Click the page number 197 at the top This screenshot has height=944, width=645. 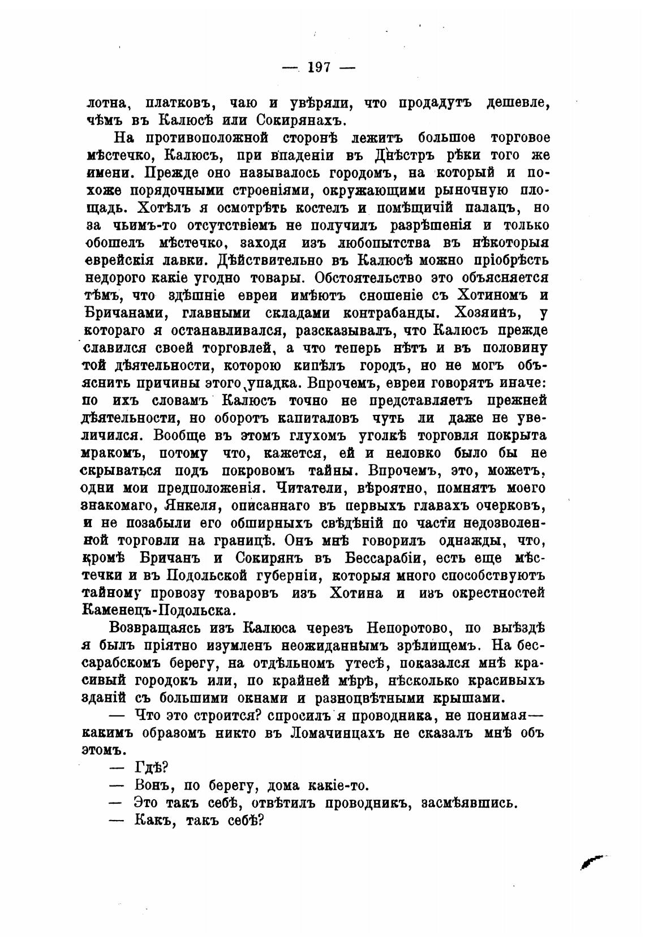click(320, 67)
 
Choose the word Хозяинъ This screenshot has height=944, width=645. click(494, 312)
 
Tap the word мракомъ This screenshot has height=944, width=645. click(117, 453)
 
